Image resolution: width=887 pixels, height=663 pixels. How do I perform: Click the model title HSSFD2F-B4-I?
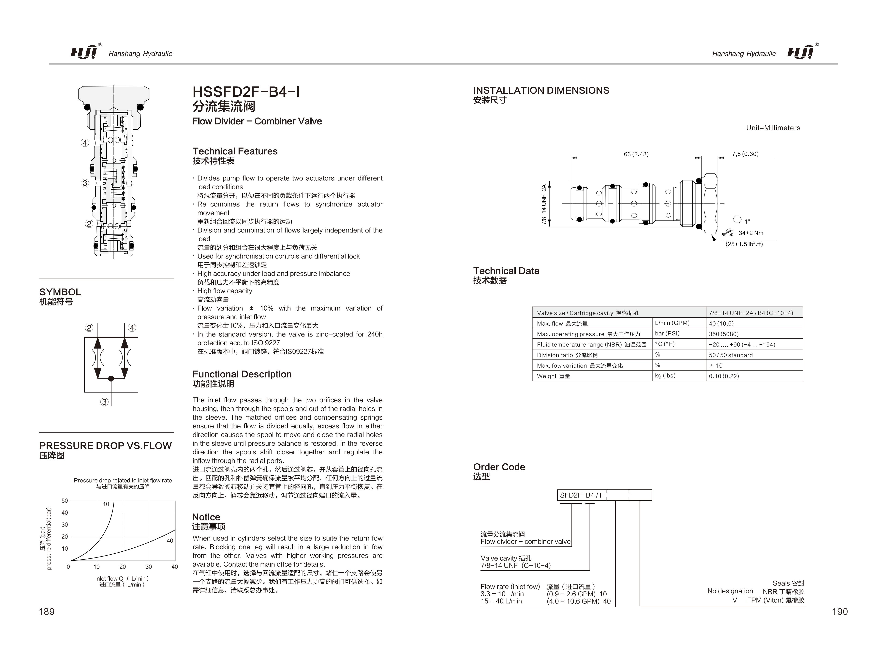pyautogui.click(x=246, y=92)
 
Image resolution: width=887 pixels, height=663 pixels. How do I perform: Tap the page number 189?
pyautogui.click(x=47, y=611)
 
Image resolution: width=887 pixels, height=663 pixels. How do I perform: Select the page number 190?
pyautogui.click(x=840, y=611)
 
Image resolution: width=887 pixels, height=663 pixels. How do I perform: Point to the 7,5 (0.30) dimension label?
pyautogui.click(x=745, y=154)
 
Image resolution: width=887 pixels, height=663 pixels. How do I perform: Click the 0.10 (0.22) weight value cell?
pyautogui.click(x=723, y=376)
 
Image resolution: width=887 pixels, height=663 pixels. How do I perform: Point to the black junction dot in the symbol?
pyautogui.click(x=111, y=378)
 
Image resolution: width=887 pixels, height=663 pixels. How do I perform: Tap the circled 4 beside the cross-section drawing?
pyautogui.click(x=85, y=143)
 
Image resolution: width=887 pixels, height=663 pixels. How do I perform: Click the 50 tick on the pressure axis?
pyautogui.click(x=65, y=501)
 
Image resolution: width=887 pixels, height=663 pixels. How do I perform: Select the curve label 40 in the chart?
pyautogui.click(x=170, y=541)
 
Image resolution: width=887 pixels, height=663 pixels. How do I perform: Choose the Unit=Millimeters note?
pyautogui.click(x=773, y=128)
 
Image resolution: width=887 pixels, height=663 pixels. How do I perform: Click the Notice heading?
pyautogui.click(x=206, y=517)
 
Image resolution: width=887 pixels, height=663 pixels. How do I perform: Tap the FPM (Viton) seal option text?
pyautogui.click(x=775, y=600)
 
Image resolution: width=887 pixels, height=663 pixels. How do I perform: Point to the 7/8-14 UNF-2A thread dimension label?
pyautogui.click(x=544, y=204)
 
